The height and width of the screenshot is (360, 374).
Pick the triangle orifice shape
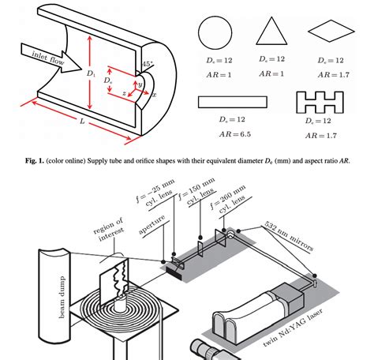coord(270,32)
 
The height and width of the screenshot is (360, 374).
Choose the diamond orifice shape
coord(327,32)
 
